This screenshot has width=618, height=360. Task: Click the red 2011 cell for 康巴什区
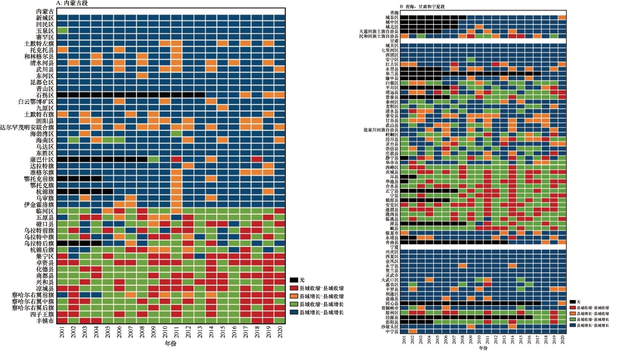(176, 159)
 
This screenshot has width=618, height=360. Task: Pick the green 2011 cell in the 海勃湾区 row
(176, 133)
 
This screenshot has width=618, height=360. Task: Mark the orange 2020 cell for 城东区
(562, 17)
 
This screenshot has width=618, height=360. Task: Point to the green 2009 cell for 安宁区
(471, 59)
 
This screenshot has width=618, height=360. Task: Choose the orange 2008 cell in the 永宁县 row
(462, 265)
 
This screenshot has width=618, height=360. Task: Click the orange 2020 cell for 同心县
(562, 303)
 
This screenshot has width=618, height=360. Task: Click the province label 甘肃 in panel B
(394, 41)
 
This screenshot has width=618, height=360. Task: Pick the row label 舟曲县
(392, 242)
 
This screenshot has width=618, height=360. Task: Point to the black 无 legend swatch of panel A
(294, 280)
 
